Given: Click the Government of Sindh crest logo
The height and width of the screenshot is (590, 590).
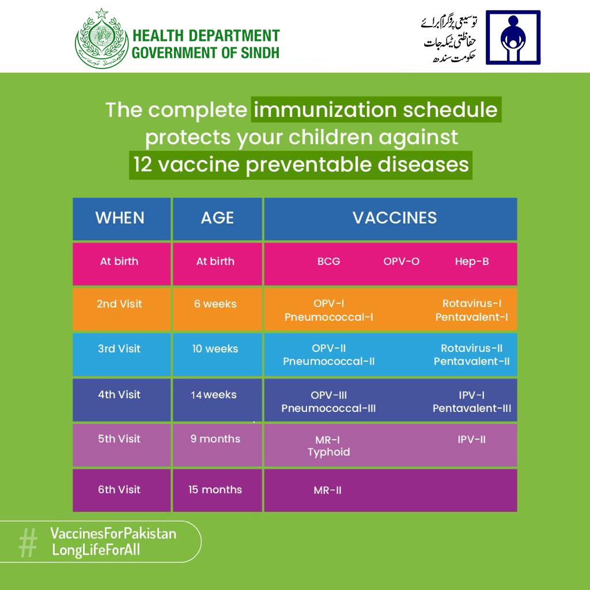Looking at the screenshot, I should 101,40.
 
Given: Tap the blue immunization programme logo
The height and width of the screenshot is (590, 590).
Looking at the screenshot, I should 512,37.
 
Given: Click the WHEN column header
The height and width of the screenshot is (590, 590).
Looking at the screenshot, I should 120,218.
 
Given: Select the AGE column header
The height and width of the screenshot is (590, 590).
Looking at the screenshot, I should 217,218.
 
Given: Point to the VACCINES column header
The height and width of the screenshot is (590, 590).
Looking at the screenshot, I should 395,217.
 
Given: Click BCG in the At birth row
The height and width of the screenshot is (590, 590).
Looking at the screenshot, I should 328,261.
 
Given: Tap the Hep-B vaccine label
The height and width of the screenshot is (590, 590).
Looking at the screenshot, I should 471,261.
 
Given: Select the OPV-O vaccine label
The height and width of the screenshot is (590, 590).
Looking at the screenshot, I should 401,261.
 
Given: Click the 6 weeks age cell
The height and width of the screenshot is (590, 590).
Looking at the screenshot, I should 215,304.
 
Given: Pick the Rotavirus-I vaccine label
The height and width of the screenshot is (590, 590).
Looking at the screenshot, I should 472,303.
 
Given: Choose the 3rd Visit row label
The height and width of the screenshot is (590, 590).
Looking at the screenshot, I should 119,349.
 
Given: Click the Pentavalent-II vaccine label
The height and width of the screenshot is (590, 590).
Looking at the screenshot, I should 471,362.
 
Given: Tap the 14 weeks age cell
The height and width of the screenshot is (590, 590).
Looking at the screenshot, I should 214,395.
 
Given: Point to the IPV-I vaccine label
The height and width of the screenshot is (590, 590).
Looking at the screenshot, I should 471,395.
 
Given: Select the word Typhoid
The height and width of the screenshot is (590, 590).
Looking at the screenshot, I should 328,452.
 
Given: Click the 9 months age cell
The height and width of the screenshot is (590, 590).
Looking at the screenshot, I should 215,438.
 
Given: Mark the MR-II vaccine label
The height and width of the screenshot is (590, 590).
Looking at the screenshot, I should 327,490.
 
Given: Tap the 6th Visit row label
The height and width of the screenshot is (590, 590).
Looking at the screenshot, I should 119,489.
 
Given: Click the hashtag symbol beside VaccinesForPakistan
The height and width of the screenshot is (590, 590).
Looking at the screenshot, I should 28,542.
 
